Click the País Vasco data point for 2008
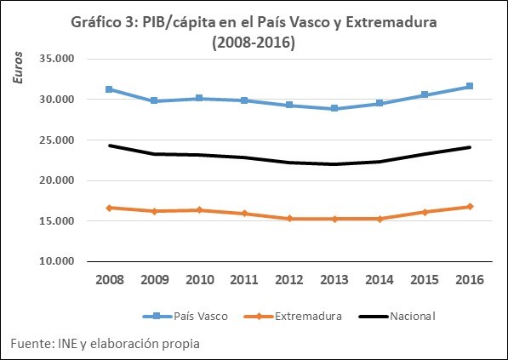click(x=110, y=89)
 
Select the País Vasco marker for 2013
click(x=334, y=109)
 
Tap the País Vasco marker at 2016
click(x=469, y=86)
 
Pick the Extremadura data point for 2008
click(x=110, y=208)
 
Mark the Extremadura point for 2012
click(x=289, y=219)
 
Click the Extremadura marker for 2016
click(x=469, y=207)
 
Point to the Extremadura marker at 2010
click(x=199, y=209)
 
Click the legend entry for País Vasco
click(x=178, y=316)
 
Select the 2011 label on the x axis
click(x=244, y=278)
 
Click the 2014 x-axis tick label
click(x=379, y=278)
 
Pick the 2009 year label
click(x=154, y=278)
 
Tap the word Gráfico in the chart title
click(x=99, y=23)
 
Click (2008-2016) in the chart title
click(x=254, y=43)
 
